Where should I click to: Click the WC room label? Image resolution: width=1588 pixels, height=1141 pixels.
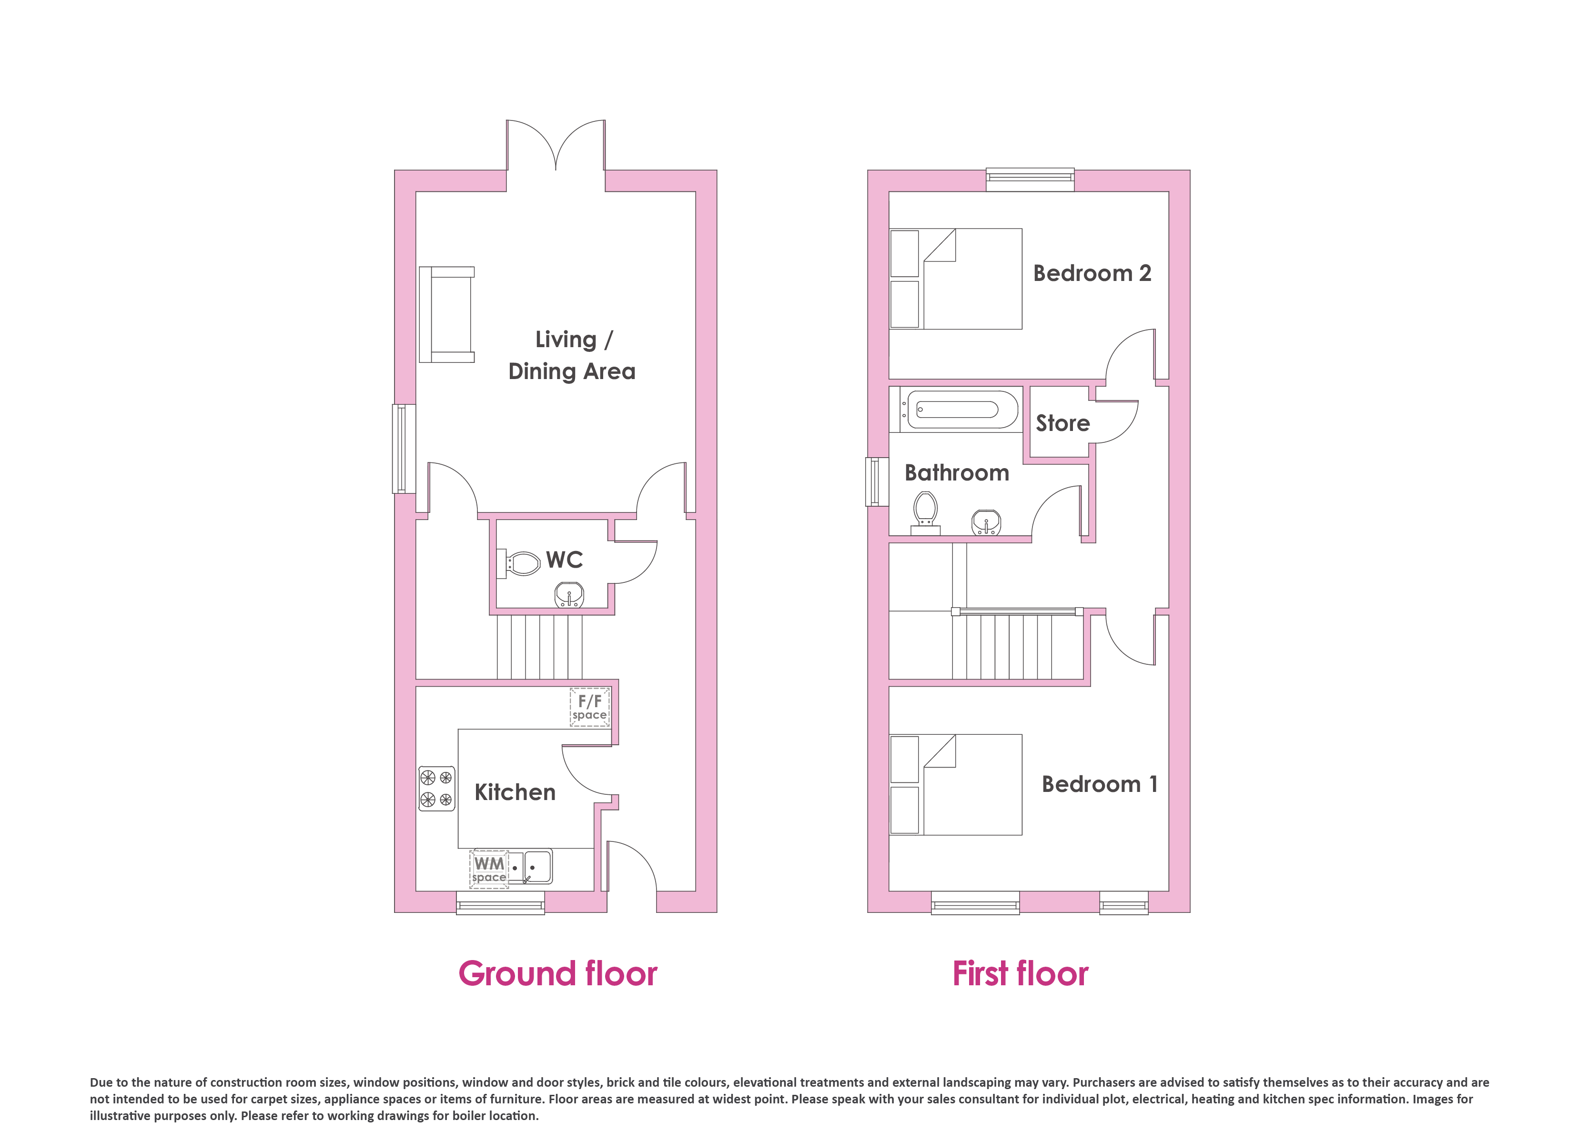pos(564,560)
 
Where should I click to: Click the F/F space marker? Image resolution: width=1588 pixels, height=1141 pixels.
pos(589,707)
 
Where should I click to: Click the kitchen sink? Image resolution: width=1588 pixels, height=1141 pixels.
pos(529,867)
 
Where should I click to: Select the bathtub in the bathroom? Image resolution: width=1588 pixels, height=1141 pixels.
pos(954,410)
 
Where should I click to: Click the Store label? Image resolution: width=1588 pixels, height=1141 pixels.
pos(1063,423)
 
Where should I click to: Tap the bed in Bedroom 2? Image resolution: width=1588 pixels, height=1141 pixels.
pos(956,279)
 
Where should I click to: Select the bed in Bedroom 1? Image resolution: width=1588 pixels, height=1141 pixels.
pos(956,785)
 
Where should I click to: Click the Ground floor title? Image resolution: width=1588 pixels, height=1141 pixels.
pos(558,974)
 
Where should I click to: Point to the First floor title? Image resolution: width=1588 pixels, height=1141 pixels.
pos(1020,974)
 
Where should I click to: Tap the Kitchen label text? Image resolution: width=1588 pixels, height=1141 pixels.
pos(516,792)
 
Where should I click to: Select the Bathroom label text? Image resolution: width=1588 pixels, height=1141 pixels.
pos(957,473)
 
